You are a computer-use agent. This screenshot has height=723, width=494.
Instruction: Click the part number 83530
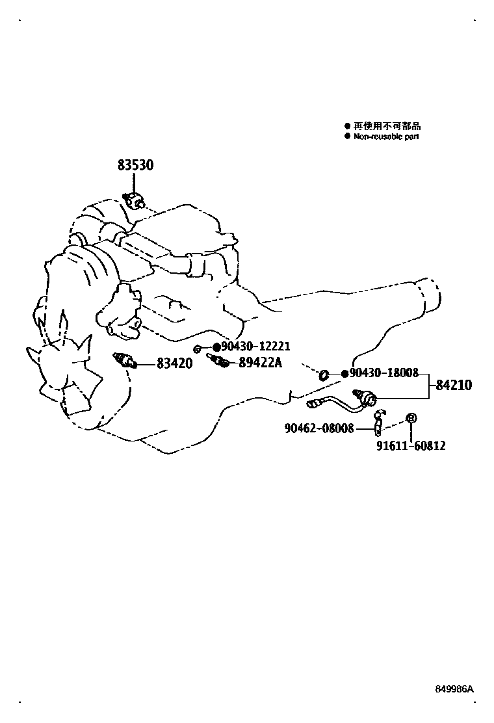click(135, 166)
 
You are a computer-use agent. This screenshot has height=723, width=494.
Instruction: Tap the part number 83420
click(174, 364)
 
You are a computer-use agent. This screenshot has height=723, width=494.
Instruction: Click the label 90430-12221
click(255, 347)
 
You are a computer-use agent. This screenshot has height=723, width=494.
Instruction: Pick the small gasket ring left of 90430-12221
click(198, 349)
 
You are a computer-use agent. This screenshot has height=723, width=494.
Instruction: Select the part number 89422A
click(260, 363)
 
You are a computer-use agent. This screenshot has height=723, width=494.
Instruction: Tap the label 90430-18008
click(384, 373)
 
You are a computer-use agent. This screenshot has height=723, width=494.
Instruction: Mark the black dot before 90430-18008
click(344, 374)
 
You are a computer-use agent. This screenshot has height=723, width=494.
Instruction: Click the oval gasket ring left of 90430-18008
click(323, 374)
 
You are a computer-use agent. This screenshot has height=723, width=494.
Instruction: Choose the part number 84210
click(454, 386)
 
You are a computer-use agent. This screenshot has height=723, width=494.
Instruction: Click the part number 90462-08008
click(319, 428)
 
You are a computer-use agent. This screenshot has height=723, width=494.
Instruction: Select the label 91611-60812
click(411, 447)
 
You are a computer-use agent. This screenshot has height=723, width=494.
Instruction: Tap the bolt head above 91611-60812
click(411, 417)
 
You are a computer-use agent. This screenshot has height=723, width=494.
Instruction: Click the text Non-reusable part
click(386, 137)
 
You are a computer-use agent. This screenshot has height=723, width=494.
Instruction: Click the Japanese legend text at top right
click(386, 127)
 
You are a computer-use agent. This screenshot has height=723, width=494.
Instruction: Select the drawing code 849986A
click(456, 689)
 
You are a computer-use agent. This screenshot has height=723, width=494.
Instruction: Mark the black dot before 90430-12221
click(216, 348)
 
